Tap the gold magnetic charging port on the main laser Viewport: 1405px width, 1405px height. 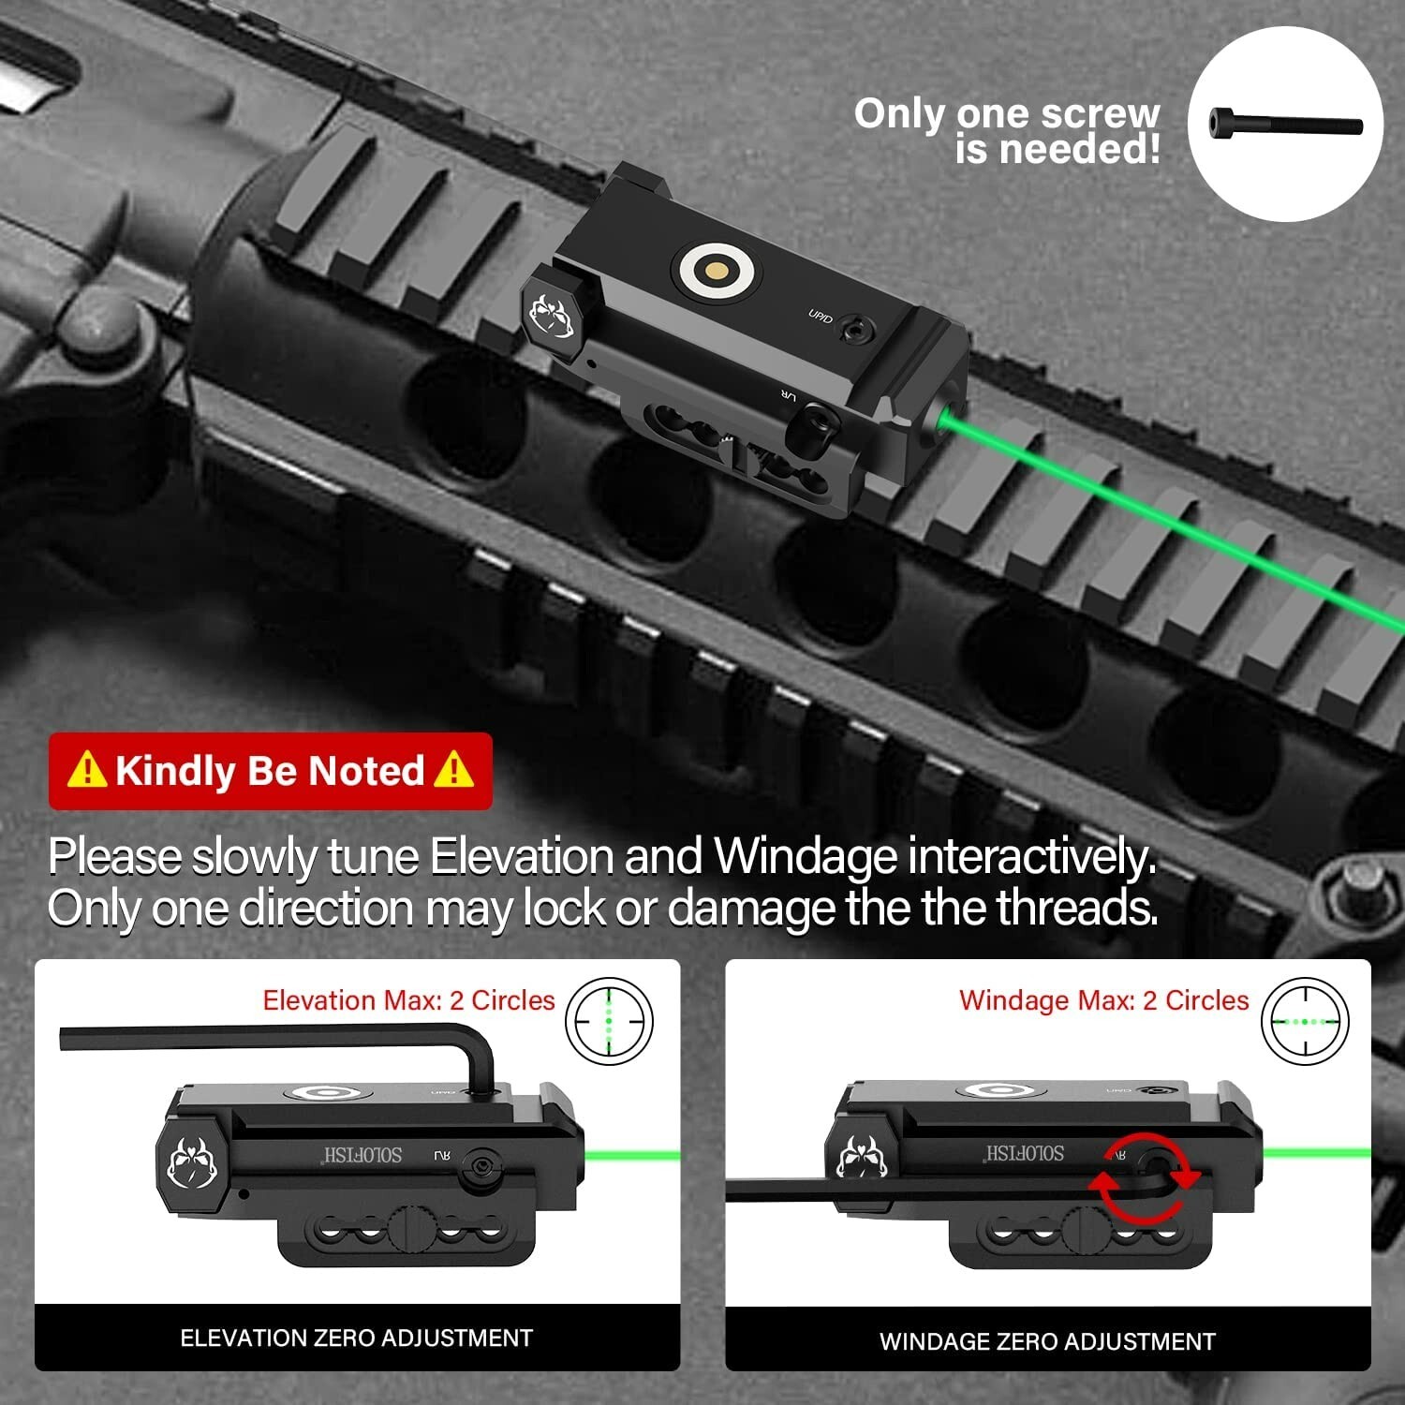click(717, 271)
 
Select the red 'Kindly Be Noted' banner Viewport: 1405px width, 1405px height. click(270, 771)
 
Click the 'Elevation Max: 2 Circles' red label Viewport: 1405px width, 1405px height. click(408, 1000)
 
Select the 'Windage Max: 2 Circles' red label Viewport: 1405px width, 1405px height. click(1103, 1000)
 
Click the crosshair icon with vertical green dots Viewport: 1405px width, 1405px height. click(609, 1021)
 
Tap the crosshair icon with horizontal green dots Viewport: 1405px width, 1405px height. click(1305, 1021)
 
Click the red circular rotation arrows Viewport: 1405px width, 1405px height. click(1144, 1178)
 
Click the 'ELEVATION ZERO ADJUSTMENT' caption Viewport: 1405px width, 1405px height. click(356, 1338)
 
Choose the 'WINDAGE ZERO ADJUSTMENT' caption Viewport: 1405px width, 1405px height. click(1047, 1341)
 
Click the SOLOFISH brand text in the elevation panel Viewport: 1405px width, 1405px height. click(362, 1154)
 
